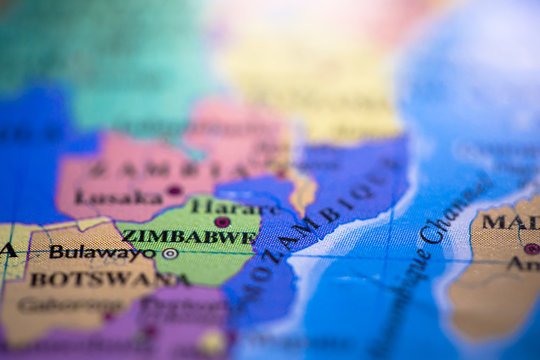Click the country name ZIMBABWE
(x=188, y=238)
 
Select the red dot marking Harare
(x=222, y=222)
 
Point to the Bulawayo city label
(x=102, y=252)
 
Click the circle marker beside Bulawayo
(x=170, y=254)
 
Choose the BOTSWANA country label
(x=92, y=279)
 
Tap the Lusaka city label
(x=118, y=197)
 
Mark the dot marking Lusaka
(x=174, y=190)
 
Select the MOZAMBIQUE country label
(x=316, y=225)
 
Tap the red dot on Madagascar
(x=531, y=248)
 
